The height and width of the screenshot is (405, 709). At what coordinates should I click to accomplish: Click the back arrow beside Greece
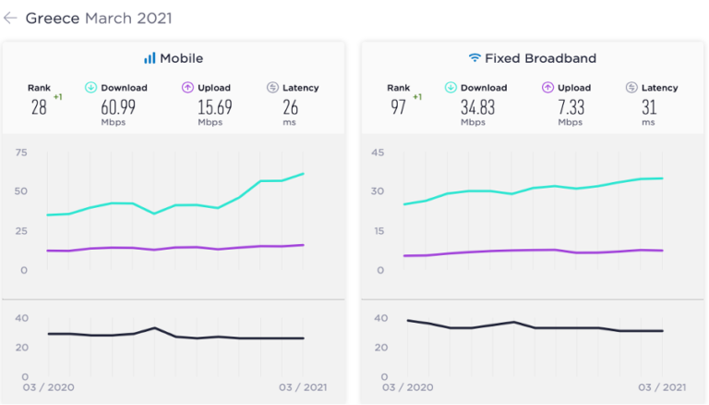tap(10, 18)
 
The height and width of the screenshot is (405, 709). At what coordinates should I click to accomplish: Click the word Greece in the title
tap(53, 18)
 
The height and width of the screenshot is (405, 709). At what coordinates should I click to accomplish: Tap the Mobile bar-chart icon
tap(150, 58)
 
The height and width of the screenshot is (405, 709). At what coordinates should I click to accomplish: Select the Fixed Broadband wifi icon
tap(475, 57)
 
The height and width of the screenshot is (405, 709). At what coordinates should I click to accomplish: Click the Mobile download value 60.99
tap(118, 107)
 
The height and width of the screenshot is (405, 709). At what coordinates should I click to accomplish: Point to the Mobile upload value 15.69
tap(215, 107)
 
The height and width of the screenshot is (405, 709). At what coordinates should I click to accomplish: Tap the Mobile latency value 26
tap(290, 107)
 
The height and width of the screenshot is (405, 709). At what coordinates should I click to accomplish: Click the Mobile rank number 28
tap(39, 107)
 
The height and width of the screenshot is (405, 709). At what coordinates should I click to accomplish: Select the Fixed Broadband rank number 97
tap(399, 107)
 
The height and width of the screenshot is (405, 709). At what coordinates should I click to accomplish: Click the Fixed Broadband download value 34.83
tap(477, 107)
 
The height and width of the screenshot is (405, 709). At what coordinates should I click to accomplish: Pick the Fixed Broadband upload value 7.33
tap(571, 107)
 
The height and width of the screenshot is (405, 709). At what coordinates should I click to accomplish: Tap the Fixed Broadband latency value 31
tap(649, 107)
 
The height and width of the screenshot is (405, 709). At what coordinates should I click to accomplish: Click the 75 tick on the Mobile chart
tap(21, 153)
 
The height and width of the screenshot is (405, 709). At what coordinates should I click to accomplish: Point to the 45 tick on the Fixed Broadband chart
tap(378, 153)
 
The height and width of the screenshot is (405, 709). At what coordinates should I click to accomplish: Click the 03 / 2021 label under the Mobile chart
tap(303, 387)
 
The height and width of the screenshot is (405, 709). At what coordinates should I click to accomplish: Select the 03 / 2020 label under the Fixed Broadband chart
tap(407, 387)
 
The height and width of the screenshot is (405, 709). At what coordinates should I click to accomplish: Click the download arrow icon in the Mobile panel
tap(90, 88)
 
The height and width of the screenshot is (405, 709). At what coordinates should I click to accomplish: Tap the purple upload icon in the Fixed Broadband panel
tap(547, 88)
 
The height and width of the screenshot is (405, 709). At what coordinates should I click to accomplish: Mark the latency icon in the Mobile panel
tap(272, 88)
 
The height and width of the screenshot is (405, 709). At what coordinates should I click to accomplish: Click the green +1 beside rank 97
tap(417, 97)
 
